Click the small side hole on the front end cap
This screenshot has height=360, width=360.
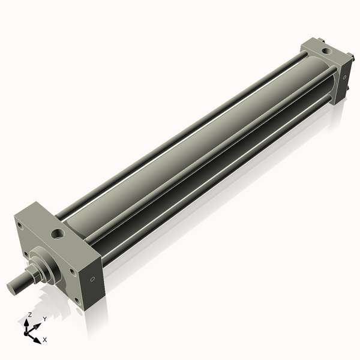point(92,280)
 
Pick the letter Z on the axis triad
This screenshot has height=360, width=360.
point(30,314)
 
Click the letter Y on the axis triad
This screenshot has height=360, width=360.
point(45,319)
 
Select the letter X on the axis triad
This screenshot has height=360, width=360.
point(45,340)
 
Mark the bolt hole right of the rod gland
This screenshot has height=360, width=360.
point(72,271)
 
